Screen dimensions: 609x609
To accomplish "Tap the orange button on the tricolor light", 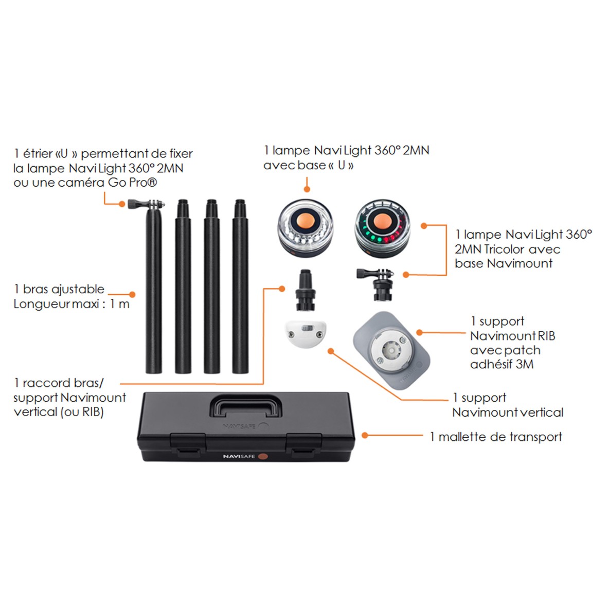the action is (x=382, y=222).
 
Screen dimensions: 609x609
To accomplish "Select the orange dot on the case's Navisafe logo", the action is (x=263, y=456).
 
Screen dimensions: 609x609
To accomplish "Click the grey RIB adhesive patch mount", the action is (x=391, y=350).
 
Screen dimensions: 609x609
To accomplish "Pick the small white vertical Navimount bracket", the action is (x=306, y=334).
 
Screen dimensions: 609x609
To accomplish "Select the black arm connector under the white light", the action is (x=306, y=290).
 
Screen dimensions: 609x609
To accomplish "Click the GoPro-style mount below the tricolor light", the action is (x=376, y=284).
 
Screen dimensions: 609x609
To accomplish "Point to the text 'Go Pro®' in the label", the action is (x=132, y=183).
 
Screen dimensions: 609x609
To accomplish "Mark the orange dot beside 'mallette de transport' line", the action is (x=365, y=435).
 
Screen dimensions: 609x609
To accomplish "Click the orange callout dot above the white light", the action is (x=307, y=189).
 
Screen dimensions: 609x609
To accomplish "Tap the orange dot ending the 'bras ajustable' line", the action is (x=132, y=295).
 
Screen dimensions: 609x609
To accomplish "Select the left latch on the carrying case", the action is (x=188, y=445).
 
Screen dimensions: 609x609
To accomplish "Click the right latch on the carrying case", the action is (x=303, y=445).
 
